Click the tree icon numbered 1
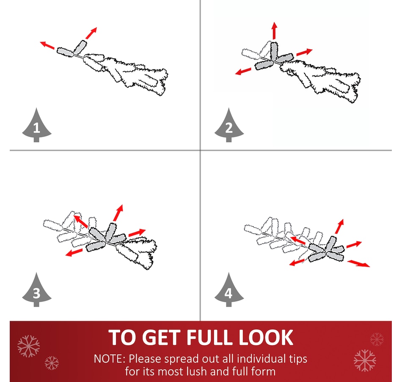click(x=36, y=126)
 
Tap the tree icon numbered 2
click(x=229, y=126)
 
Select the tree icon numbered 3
click(x=36, y=290)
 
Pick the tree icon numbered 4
click(x=229, y=290)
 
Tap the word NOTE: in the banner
click(x=110, y=359)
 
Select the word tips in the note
click(x=298, y=359)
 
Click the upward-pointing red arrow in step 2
click(x=275, y=30)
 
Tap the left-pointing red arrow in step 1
click(x=47, y=45)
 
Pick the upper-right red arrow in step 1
click(x=91, y=33)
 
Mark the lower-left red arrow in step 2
click(x=243, y=71)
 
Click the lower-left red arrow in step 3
click(x=74, y=252)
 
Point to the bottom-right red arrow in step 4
click(x=359, y=264)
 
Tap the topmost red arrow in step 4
click(x=339, y=226)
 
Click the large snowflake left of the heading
click(x=29, y=346)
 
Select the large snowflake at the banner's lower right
click(x=365, y=360)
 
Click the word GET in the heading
click(x=161, y=338)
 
